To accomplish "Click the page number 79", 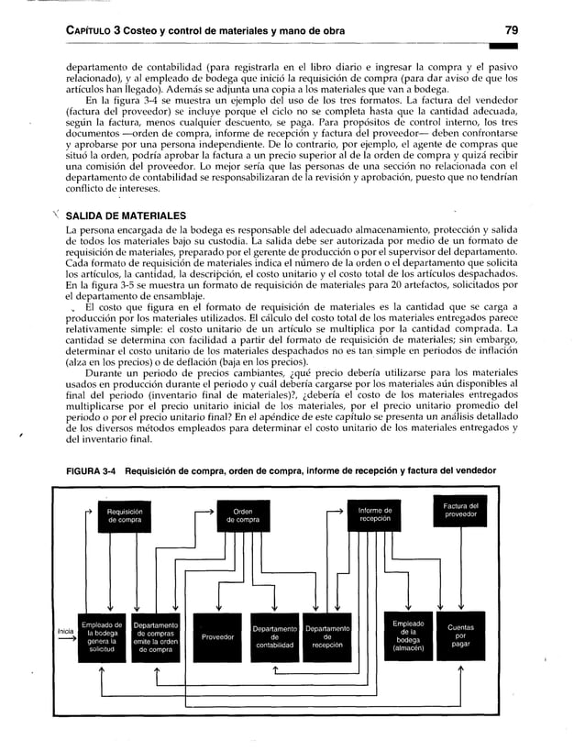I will pos(518,30).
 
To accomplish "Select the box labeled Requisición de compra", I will pos(124,515).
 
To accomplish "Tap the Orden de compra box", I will pos(243,515).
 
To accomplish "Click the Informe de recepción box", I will pos(374,515).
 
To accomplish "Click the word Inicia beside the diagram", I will pos(65,630).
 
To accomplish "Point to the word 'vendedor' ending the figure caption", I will pos(469,471).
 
